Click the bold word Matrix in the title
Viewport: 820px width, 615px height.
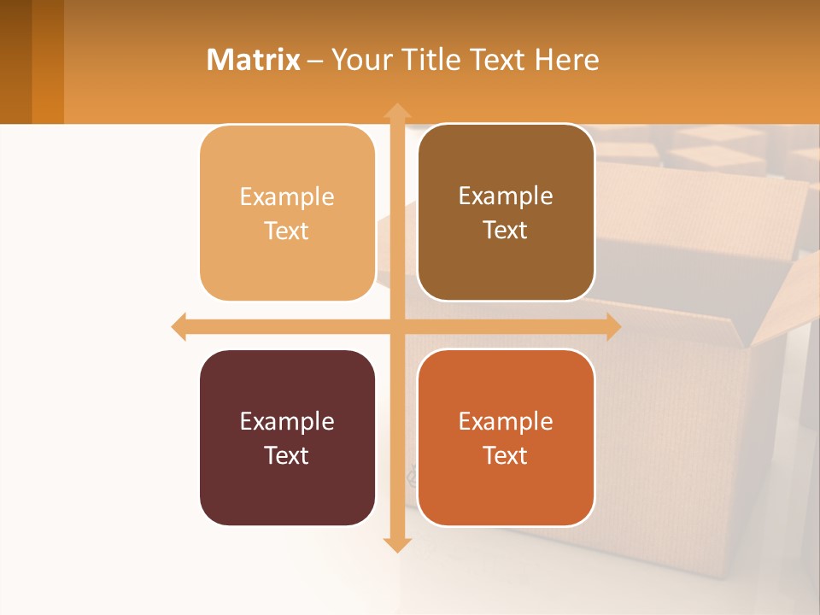coord(254,60)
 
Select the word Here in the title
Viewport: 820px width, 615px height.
coord(566,60)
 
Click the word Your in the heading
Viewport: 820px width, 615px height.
coord(359,60)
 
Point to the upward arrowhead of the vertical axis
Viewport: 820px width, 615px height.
coord(396,111)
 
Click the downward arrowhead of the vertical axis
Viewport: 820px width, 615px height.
coord(396,544)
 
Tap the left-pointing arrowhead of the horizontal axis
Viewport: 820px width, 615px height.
coord(179,327)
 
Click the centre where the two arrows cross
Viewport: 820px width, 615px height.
coord(396,327)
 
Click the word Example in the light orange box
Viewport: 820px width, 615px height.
coord(287,196)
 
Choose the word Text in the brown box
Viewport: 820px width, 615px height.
coord(506,231)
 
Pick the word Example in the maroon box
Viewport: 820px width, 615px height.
coord(287,421)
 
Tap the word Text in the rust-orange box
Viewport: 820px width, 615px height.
coord(506,455)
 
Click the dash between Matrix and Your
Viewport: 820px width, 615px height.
coord(315,61)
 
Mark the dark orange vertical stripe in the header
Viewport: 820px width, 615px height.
coord(48,61)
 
